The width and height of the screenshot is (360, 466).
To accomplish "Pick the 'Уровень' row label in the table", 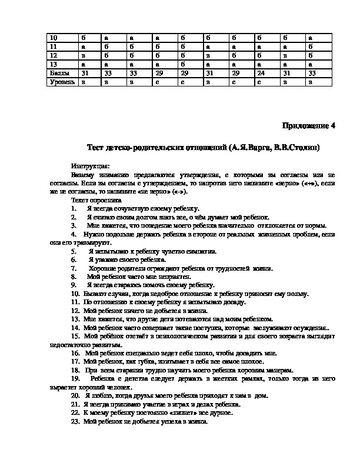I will (x=62, y=82).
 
